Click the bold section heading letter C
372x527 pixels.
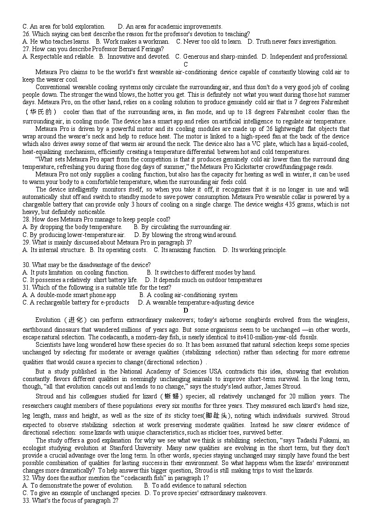coord(186,64)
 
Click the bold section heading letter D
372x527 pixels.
coord(186,310)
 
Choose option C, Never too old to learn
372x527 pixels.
coord(209,41)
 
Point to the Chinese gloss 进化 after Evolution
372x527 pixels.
coord(75,320)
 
